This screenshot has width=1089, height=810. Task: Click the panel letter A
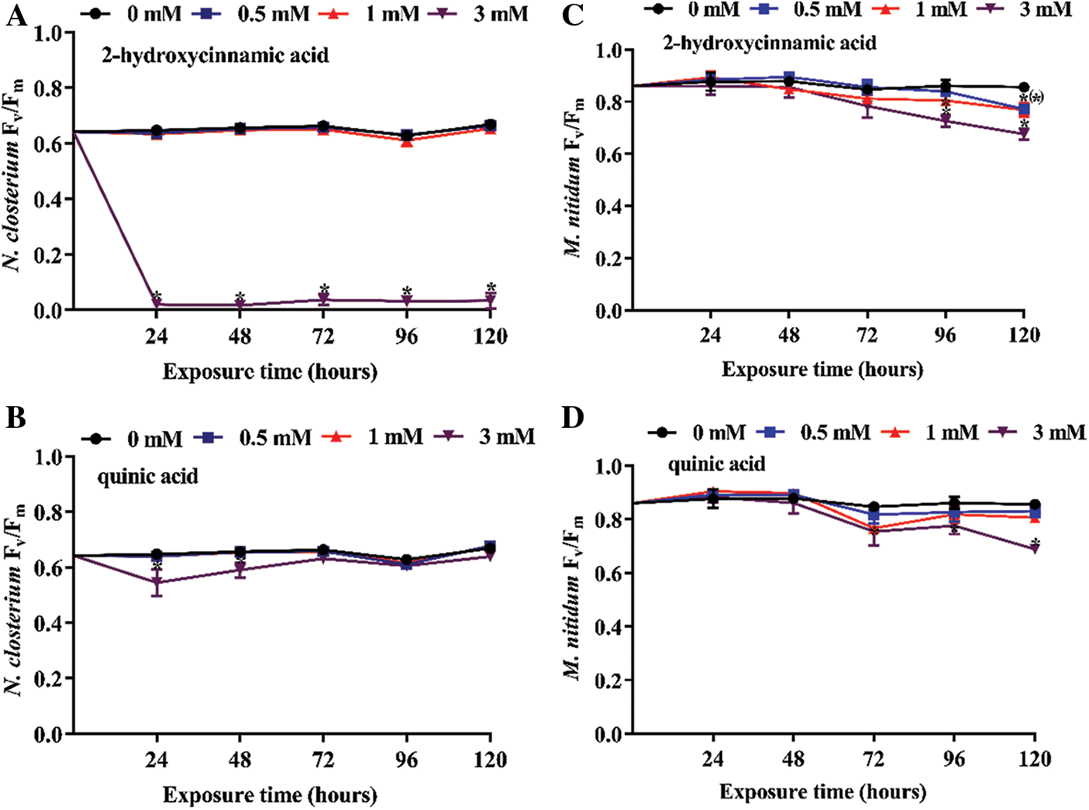(x=16, y=16)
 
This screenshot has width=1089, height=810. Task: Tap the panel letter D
(x=572, y=418)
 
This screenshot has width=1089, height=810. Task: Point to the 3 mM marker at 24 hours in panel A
(x=157, y=305)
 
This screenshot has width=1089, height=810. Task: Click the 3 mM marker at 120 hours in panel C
(x=1024, y=134)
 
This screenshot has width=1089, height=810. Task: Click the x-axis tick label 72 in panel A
(x=323, y=336)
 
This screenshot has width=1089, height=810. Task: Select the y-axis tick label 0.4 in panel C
(x=609, y=206)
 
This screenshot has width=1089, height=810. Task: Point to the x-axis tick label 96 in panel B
(x=406, y=759)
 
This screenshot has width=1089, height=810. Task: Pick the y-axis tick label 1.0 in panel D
(x=609, y=467)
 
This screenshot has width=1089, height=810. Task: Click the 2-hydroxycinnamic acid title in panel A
(x=215, y=56)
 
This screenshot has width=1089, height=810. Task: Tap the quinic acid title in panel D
(x=716, y=464)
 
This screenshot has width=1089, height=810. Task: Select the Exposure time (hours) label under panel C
(x=822, y=369)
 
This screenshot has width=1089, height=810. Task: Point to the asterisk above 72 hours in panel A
(x=324, y=289)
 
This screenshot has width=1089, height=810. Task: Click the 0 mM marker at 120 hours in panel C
(x=1024, y=88)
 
